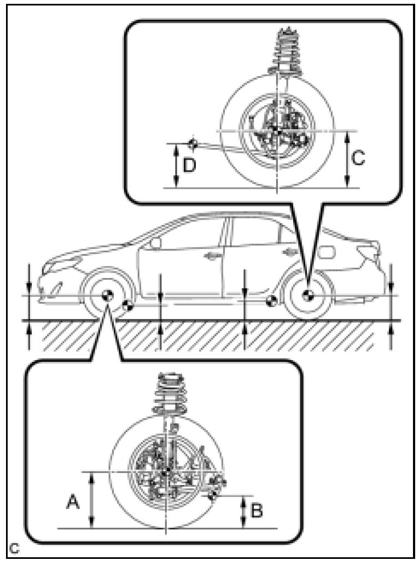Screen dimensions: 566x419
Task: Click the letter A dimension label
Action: click(x=71, y=500)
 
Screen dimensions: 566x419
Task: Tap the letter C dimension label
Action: click(x=357, y=158)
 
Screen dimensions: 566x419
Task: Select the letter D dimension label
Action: click(x=189, y=164)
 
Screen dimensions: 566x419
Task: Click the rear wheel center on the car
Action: click(x=306, y=294)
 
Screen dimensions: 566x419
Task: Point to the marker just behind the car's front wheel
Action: click(x=127, y=305)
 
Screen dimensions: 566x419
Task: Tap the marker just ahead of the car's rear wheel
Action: click(x=270, y=301)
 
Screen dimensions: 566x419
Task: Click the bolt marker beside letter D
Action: click(x=192, y=144)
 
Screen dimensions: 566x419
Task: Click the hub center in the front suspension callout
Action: click(x=167, y=471)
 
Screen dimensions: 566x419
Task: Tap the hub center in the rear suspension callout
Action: click(x=277, y=131)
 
